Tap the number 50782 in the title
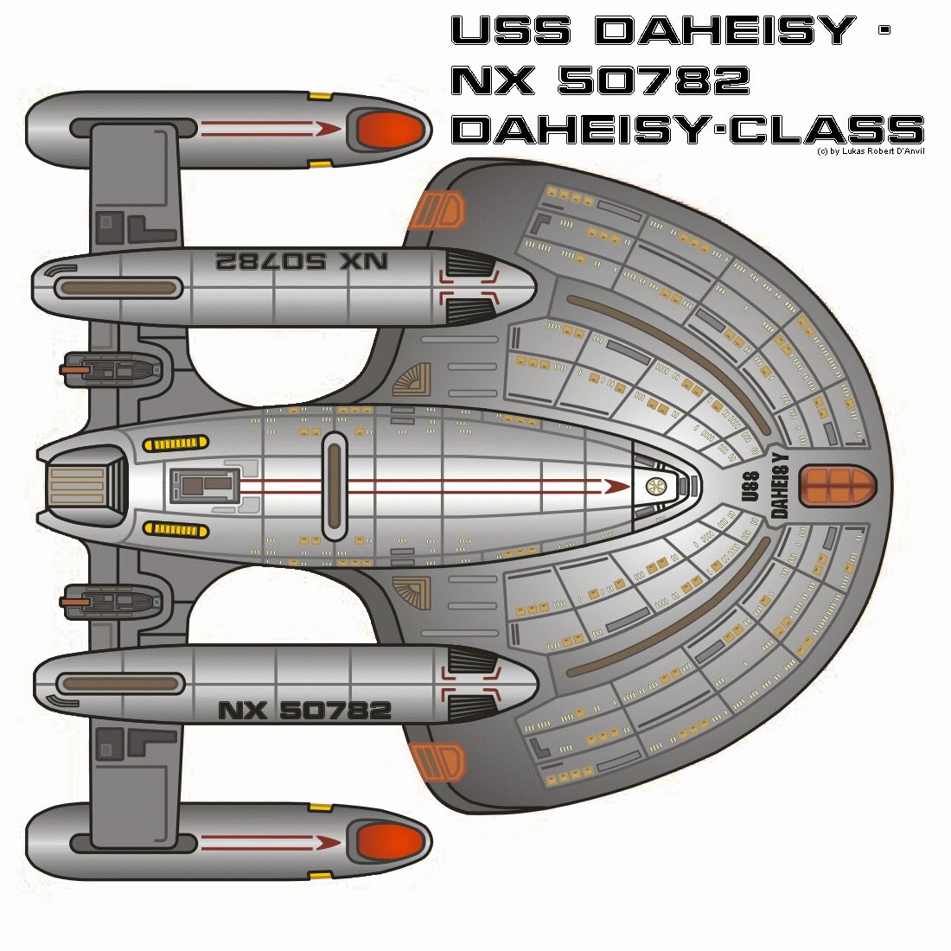coord(654,80)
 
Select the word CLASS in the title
coord(827,131)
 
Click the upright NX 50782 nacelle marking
coord(304,711)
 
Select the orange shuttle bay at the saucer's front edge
coord(837,485)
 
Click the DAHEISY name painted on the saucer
coord(779,485)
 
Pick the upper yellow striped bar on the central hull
coord(176,444)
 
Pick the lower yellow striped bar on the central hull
coord(176,529)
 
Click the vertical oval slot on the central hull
coord(334,486)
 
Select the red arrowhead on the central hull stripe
coord(616,486)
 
